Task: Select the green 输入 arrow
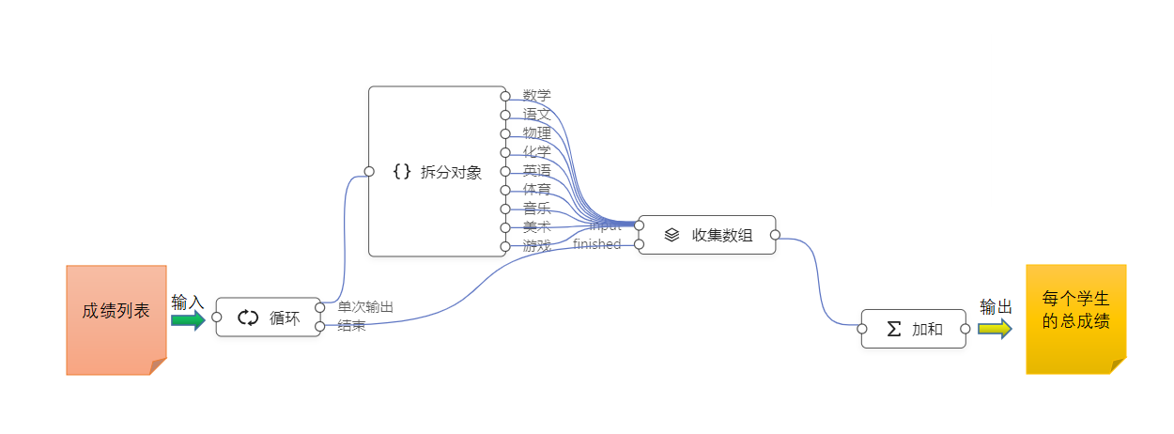[188, 320]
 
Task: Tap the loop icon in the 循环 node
[248, 318]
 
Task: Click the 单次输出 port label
[365, 307]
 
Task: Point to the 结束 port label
[352, 326]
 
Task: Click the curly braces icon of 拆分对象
[402, 171]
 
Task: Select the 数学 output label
[537, 95]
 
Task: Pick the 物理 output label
[537, 132]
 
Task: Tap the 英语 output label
[537, 170]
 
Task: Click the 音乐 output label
[537, 208]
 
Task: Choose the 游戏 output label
[537, 245]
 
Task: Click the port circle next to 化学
[505, 152]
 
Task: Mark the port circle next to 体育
[505, 190]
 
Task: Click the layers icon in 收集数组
[672, 235]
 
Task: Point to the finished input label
[597, 244]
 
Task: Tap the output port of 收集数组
[775, 235]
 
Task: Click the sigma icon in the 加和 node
[894, 329]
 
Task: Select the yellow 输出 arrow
[995, 329]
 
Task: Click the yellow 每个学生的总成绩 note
[1075, 318]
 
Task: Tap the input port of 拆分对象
[369, 171]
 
